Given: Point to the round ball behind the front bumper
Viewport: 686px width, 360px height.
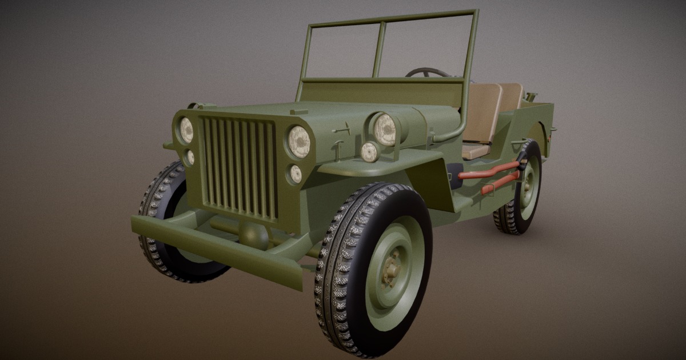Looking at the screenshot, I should [x=253, y=234].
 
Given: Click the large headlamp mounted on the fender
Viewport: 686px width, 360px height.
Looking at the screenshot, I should [x=385, y=130].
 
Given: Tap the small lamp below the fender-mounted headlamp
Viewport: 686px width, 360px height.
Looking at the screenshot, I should [x=369, y=152].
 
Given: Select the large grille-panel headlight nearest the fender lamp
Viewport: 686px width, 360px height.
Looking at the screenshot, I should [x=299, y=142].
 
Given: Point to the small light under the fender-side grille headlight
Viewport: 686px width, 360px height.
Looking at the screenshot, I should [x=296, y=174].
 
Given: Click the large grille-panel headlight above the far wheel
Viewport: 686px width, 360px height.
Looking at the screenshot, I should [x=186, y=130].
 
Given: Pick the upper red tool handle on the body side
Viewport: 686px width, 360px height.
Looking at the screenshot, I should [x=489, y=171].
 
